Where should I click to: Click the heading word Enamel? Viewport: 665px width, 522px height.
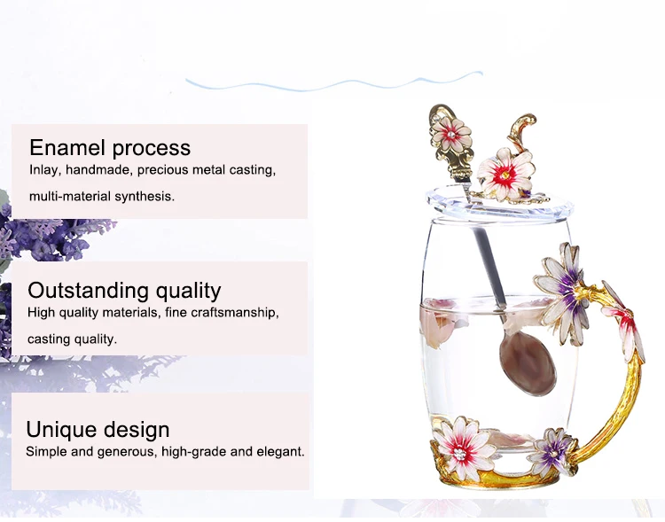tap(67, 148)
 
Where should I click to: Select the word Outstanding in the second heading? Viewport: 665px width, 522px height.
tap(88, 292)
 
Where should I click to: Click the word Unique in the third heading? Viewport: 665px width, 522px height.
tap(59, 430)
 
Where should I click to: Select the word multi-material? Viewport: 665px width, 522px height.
tap(70, 197)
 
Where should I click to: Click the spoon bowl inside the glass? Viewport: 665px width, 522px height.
tap(528, 362)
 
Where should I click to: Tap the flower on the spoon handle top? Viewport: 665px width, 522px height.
tap(450, 135)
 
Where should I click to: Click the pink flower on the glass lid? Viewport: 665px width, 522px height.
tap(505, 174)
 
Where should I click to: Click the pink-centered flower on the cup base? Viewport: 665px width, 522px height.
tap(462, 449)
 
